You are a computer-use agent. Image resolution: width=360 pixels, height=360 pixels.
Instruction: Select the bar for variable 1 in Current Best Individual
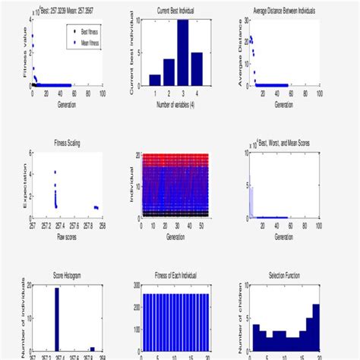point(155,80)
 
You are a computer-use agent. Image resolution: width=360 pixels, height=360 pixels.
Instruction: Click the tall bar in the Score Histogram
point(57,319)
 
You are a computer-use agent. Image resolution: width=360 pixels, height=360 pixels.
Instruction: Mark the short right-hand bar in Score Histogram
point(93,349)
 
